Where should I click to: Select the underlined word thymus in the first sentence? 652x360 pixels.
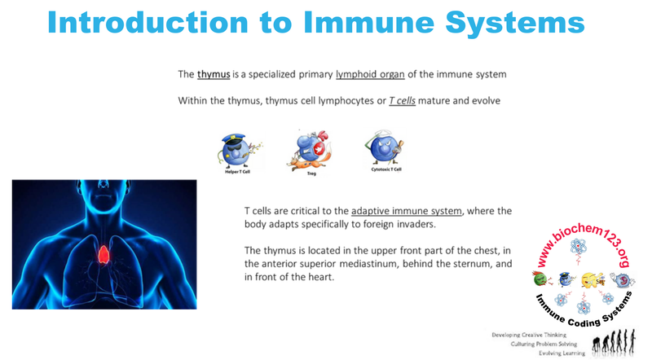(214, 74)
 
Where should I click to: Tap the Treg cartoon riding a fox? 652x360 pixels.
(307, 149)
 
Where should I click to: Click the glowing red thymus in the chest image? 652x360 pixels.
(104, 255)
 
